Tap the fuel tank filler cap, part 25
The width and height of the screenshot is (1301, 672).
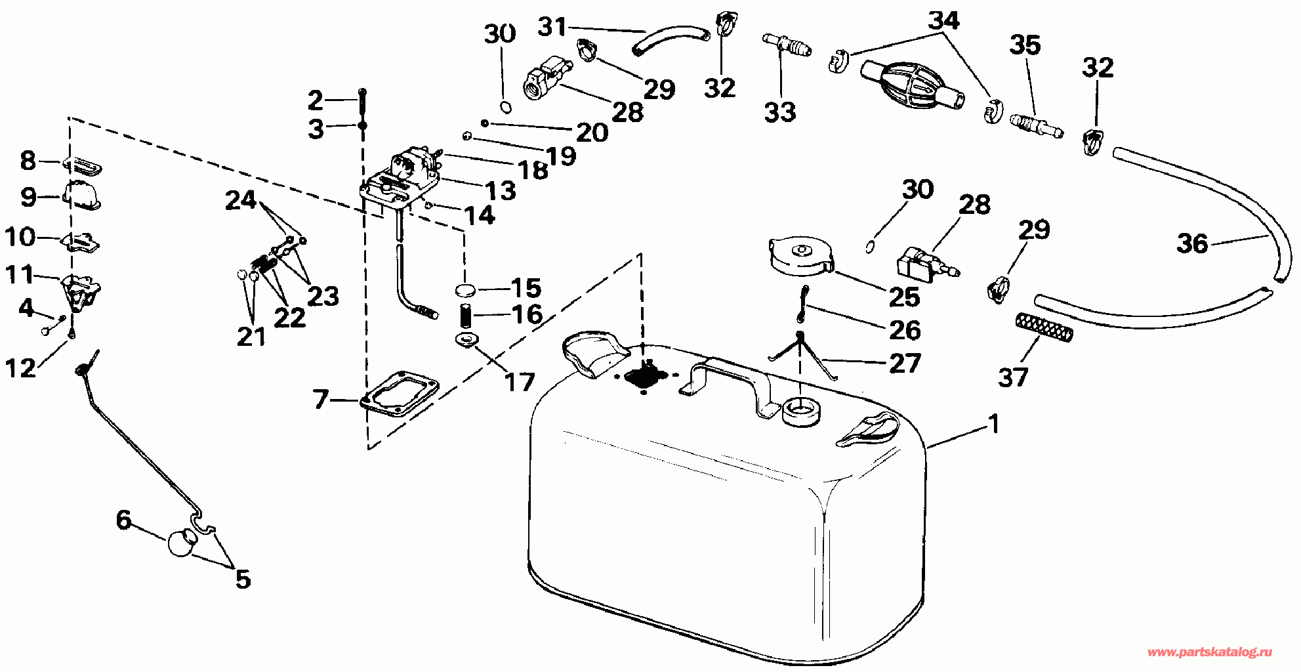coord(800,257)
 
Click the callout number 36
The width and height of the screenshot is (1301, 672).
coord(1192,243)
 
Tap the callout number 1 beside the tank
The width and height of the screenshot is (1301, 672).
coord(994,424)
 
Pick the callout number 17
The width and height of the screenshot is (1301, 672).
coord(519,382)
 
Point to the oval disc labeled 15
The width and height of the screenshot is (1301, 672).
coord(465,289)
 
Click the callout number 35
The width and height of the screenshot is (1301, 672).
coord(1025,45)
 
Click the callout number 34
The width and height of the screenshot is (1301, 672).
coord(944,20)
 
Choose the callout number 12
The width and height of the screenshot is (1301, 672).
coord(20,368)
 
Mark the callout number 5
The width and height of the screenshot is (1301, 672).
coord(243,579)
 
